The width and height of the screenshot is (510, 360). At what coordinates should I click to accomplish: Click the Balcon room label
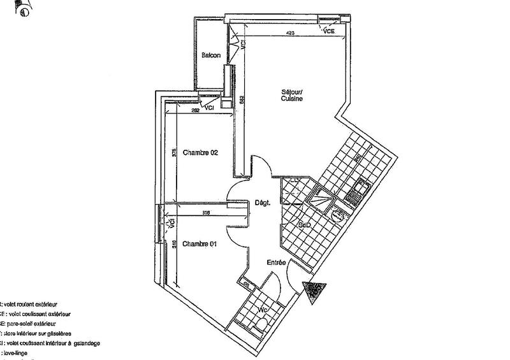pos(211,55)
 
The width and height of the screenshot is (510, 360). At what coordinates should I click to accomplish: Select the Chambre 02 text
pos(201,153)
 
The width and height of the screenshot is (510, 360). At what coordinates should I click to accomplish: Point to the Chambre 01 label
pos(200,244)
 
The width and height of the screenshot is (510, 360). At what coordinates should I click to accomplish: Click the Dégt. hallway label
pos(263,203)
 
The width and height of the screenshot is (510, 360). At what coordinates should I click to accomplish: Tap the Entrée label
pos(276,262)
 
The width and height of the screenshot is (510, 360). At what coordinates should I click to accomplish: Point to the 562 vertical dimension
pos(242,99)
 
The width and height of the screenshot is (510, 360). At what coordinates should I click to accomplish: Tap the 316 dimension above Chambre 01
pos(205,212)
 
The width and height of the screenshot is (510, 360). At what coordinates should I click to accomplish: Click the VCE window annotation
pos(330,31)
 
